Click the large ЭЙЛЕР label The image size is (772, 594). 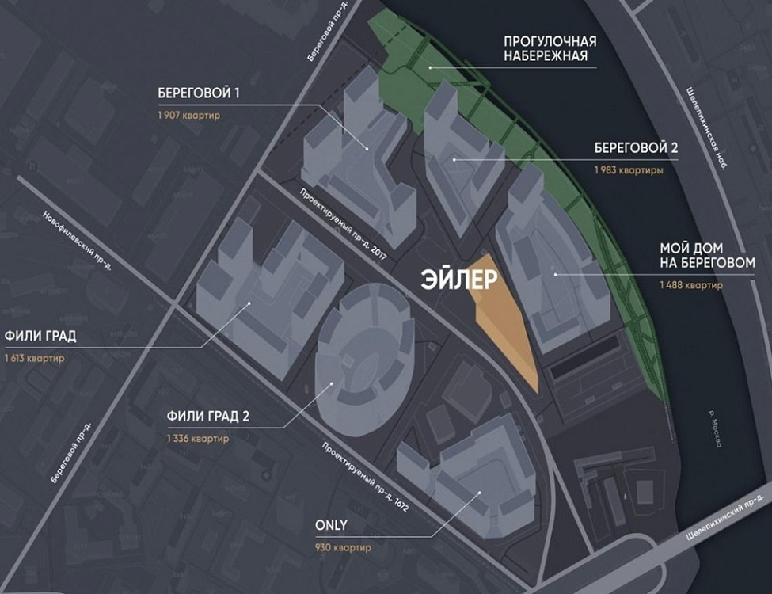(x=459, y=280)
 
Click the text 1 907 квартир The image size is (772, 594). (x=188, y=116)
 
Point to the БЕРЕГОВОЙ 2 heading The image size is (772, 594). (x=637, y=149)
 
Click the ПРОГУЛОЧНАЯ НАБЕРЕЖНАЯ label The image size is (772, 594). (x=550, y=48)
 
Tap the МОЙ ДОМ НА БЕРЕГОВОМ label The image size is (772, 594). (x=707, y=255)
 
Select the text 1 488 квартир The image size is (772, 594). (x=690, y=285)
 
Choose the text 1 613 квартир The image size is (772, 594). (x=34, y=358)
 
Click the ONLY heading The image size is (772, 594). (x=330, y=525)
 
